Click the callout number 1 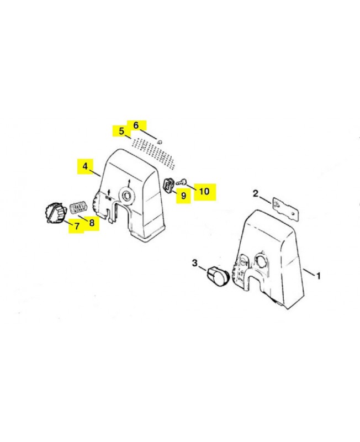[x=319, y=275]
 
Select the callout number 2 [x=255, y=194]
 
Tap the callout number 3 [x=195, y=263]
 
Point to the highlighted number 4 [x=85, y=166]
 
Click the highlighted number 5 [x=121, y=131]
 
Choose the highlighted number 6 [x=136, y=125]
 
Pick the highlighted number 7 [x=77, y=226]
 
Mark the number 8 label [x=92, y=223]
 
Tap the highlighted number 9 [x=183, y=196]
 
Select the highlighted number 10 [x=204, y=191]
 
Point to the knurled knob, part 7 [x=55, y=213]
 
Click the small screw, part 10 [x=182, y=181]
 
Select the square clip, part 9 [x=168, y=185]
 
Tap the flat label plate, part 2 [x=285, y=208]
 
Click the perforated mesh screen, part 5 [x=154, y=153]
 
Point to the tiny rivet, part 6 [x=160, y=141]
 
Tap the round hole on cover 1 [x=261, y=260]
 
